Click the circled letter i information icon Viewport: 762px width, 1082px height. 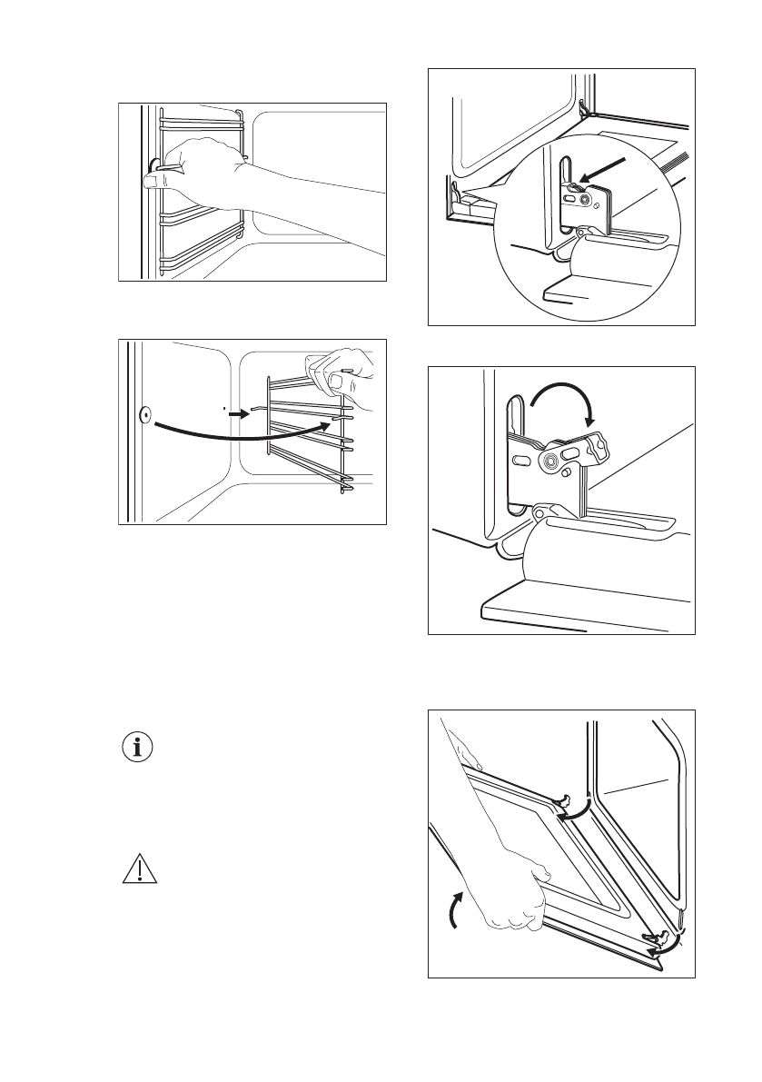coord(139,749)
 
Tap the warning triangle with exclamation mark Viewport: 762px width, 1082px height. coord(139,870)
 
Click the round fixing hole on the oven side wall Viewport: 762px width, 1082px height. coord(144,415)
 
